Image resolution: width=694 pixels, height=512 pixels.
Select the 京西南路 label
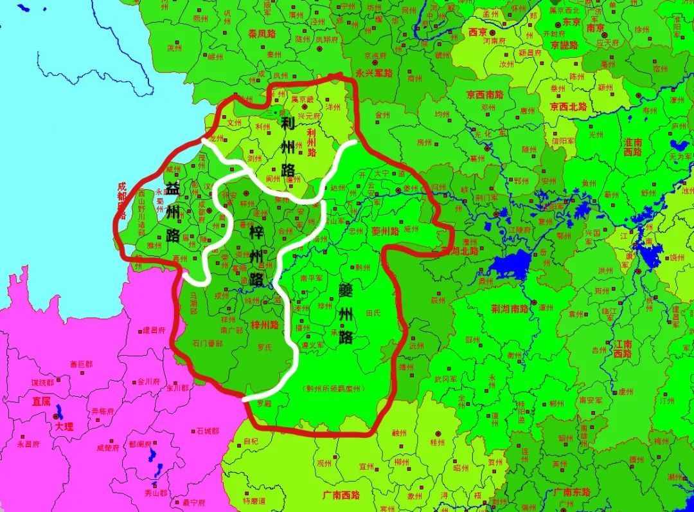486,94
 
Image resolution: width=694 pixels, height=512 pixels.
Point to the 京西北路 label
569,106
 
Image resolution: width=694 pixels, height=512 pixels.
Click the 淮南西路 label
633,147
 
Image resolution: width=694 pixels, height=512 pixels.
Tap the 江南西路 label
623,349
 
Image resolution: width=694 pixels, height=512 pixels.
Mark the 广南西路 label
341,495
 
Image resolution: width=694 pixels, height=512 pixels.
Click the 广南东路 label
573,492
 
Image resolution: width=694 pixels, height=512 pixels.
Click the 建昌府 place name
154,330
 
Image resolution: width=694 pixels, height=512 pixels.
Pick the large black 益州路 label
172,212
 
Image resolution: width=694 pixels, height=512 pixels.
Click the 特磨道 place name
254,500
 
